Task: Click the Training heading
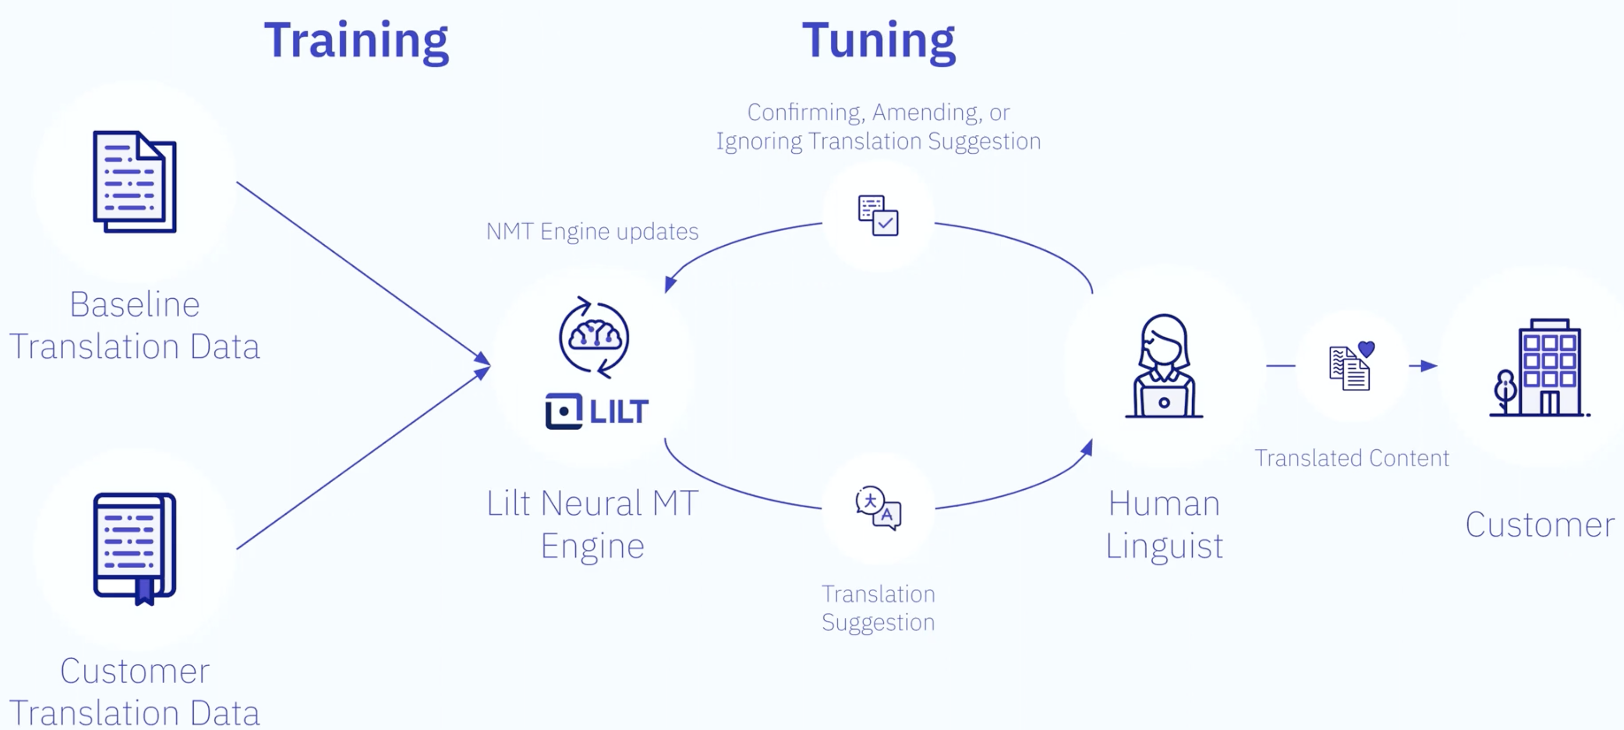coord(356,40)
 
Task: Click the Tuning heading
coord(878,40)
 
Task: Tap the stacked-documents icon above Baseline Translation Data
coord(134,181)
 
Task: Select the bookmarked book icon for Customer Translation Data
coord(134,547)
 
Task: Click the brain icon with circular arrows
coord(594,337)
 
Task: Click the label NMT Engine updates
coord(592,232)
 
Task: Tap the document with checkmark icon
coord(878,215)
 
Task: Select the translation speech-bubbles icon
coord(878,508)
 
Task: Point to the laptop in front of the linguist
coord(1164,401)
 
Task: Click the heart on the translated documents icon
coord(1366,349)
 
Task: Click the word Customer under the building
coord(1540,524)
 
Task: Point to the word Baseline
coord(134,304)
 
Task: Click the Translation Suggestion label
coord(878,608)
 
